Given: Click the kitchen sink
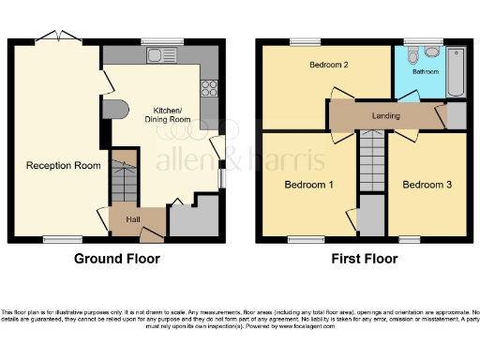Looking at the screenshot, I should [156, 56].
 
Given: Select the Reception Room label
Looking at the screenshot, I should [64, 166].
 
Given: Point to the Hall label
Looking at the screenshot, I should [133, 219].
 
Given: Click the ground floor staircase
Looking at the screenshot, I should [123, 178].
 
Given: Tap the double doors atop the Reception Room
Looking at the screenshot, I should [58, 38].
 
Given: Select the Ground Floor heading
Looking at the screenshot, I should [117, 259].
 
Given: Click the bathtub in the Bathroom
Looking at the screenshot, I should [456, 71].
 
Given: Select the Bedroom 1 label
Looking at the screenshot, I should [308, 185].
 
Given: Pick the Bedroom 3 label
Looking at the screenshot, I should [427, 185].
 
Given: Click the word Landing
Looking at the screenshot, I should [385, 116].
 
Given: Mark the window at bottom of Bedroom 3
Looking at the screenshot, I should [410, 240].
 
